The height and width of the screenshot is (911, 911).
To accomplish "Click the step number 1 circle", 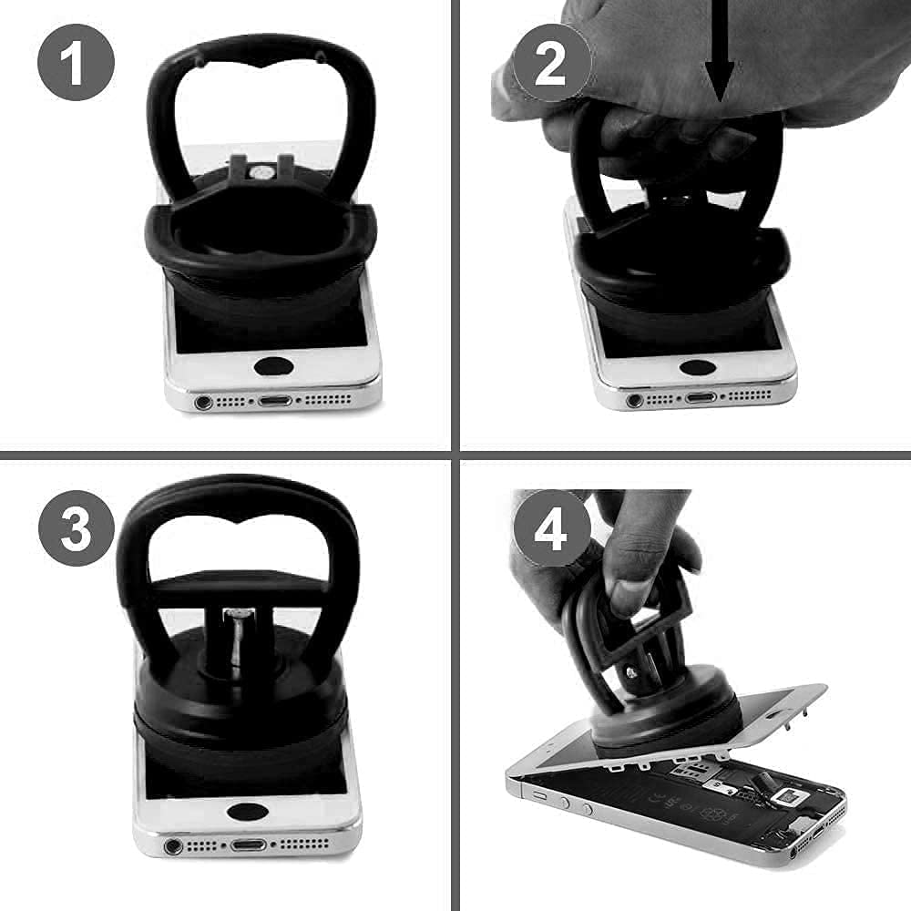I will [x=77, y=63].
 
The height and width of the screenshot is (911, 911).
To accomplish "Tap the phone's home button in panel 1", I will [x=273, y=366].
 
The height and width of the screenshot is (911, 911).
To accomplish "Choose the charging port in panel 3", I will [x=245, y=846].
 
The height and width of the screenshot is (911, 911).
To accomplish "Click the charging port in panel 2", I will [x=700, y=397].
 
